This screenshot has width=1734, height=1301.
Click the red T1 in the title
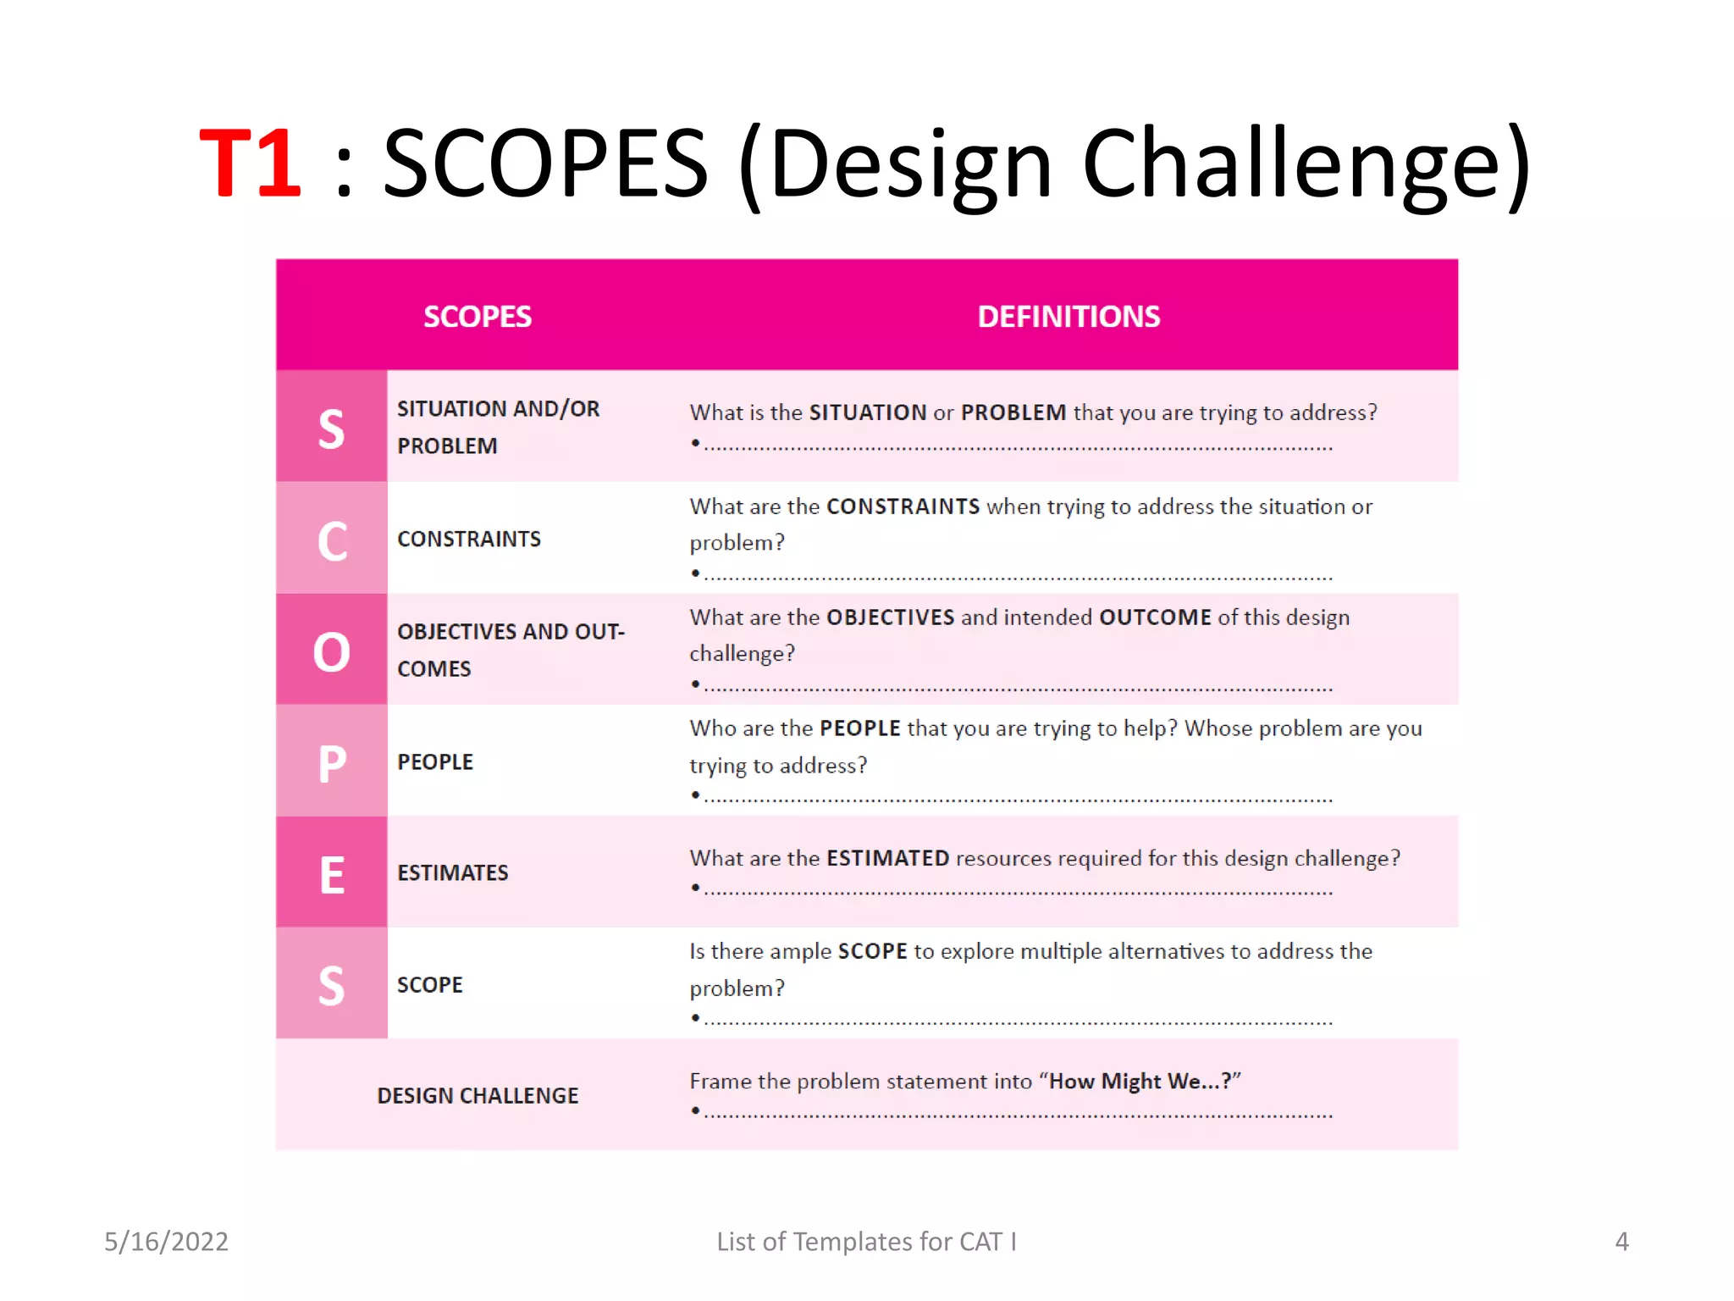250,163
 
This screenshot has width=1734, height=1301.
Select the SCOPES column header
477,317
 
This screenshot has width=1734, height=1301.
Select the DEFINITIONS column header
1068,317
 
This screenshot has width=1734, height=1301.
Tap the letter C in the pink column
332,540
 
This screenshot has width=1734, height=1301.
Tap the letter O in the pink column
331,652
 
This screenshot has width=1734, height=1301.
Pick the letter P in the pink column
332,763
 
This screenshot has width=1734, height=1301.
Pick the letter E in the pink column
332,874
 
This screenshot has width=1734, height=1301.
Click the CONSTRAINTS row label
468,539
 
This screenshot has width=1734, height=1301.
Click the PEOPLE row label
435,761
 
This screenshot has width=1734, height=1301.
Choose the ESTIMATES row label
452,872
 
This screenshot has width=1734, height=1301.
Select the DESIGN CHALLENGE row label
478,1095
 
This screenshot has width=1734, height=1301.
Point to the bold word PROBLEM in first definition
1013,412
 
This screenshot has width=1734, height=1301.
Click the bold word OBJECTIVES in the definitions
890,617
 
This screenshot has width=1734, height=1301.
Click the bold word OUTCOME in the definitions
1155,617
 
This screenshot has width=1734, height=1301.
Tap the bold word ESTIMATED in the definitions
887,858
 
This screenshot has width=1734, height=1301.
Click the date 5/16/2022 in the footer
166,1241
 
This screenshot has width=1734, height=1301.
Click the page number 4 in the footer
1621,1241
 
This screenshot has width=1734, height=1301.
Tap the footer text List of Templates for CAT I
866,1241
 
